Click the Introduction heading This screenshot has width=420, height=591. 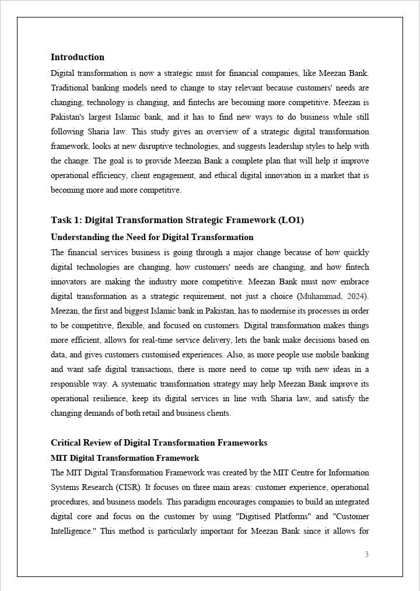click(78, 57)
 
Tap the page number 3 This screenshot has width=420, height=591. click(366, 554)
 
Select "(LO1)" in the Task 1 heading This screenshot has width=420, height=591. click(292, 220)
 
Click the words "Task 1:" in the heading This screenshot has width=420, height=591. click(66, 220)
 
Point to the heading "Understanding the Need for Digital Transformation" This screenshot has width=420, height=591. click(152, 237)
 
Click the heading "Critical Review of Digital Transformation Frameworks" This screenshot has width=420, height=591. click(159, 443)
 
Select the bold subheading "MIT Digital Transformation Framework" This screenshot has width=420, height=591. click(125, 458)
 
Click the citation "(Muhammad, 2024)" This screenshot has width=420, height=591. click(336, 296)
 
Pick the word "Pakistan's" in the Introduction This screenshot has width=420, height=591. click(70, 117)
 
